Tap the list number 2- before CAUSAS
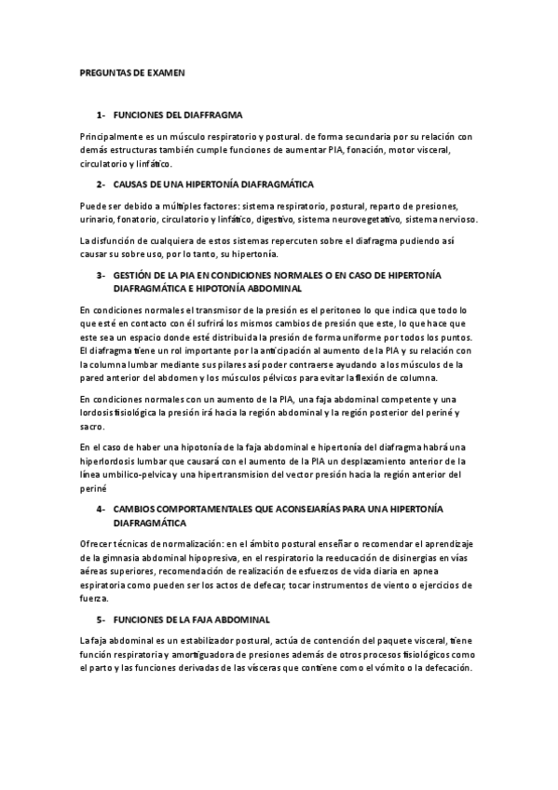pos(102,184)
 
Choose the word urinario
pos(97,220)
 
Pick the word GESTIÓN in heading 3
pos(134,276)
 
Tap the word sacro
pos(91,425)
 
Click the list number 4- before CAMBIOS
pos(102,510)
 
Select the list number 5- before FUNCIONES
pos(102,619)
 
